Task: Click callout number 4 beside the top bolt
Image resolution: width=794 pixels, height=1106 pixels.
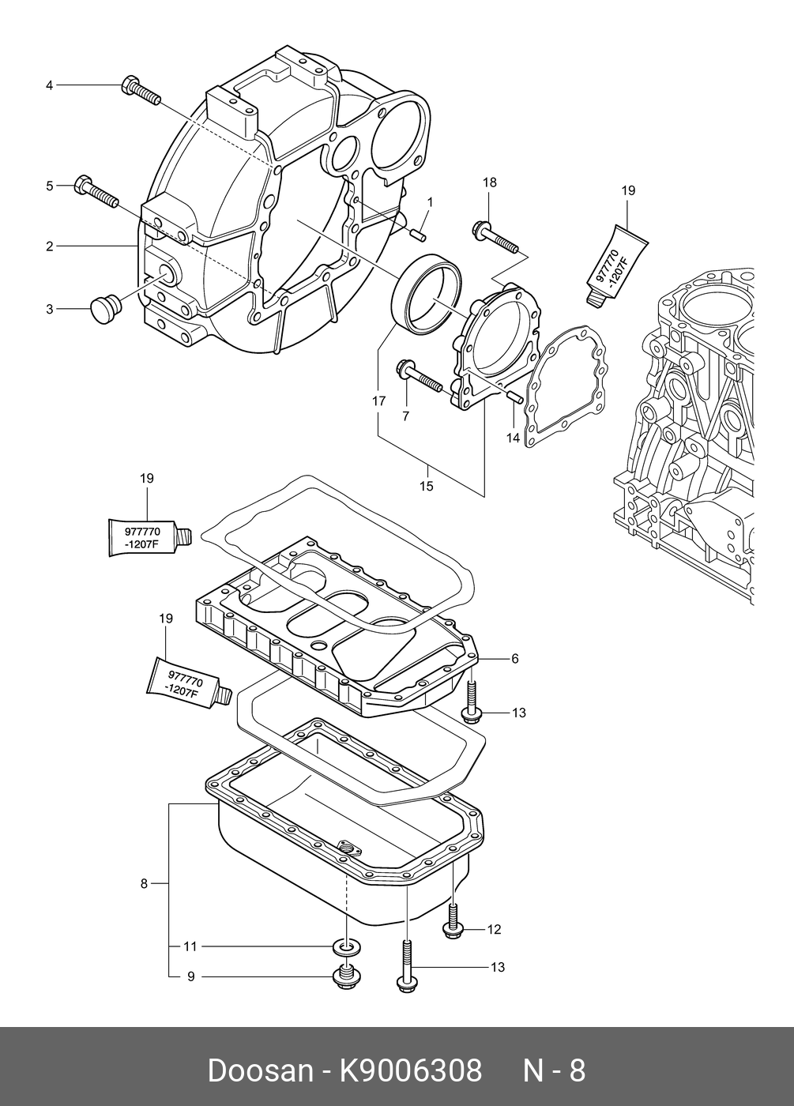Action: pyautogui.click(x=49, y=85)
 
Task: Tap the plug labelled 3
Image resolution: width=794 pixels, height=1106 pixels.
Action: pyautogui.click(x=104, y=309)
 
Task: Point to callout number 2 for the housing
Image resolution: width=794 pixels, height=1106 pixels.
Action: pyautogui.click(x=49, y=246)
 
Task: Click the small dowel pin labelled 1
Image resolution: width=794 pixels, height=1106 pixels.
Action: pyautogui.click(x=418, y=235)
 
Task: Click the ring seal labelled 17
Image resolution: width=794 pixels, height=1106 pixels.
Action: pyautogui.click(x=427, y=294)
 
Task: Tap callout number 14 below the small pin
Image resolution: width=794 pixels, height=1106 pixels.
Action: pyautogui.click(x=513, y=438)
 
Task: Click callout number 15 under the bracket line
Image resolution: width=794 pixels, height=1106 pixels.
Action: pyautogui.click(x=426, y=486)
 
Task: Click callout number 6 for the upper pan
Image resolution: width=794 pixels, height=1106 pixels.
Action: pyautogui.click(x=515, y=658)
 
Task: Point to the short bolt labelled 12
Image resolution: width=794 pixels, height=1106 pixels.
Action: pyautogui.click(x=453, y=921)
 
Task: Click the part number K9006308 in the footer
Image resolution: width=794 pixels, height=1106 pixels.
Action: pyautogui.click(x=409, y=1071)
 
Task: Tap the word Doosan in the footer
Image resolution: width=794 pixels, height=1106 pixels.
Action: pyautogui.click(x=261, y=1071)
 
